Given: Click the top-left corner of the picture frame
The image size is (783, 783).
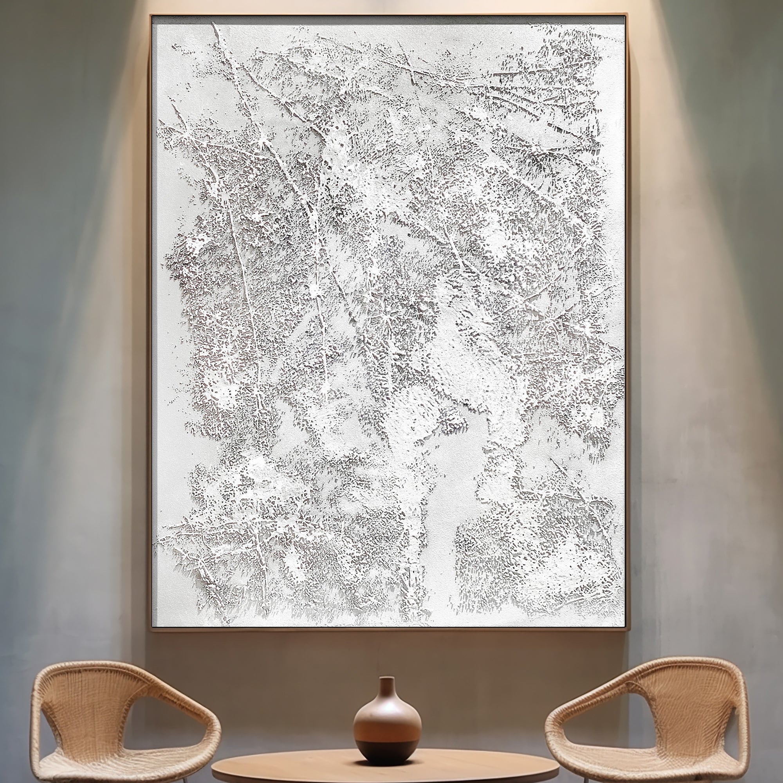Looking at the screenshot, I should pyautogui.click(x=151, y=16).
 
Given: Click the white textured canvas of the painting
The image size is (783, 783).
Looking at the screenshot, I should pyautogui.click(x=389, y=324).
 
